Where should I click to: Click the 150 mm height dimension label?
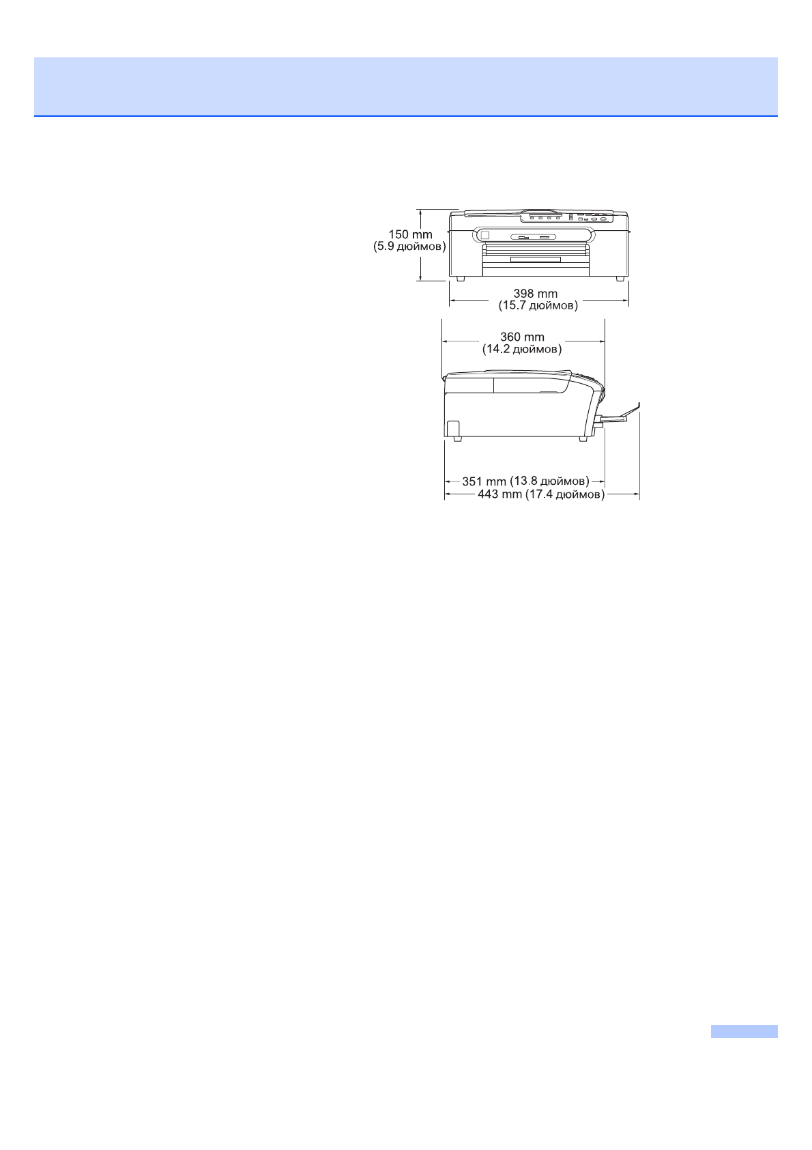click(410, 235)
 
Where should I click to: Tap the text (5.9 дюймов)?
click(409, 247)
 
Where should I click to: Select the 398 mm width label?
click(535, 294)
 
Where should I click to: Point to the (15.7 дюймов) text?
click(538, 305)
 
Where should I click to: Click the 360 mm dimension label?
click(522, 337)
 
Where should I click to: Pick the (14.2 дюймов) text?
click(522, 349)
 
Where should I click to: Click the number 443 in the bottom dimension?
click(488, 494)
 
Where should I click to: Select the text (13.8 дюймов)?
click(549, 481)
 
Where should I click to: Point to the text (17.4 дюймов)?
click(564, 494)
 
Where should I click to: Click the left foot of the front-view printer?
click(461, 279)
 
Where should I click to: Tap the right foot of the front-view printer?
click(620, 279)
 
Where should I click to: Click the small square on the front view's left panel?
click(484, 236)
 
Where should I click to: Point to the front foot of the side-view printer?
click(583, 438)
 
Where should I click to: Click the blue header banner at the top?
click(406, 87)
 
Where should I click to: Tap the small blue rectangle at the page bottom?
click(744, 1031)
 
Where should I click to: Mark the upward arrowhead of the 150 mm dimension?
click(422, 212)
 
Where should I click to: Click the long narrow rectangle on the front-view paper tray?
click(536, 260)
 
